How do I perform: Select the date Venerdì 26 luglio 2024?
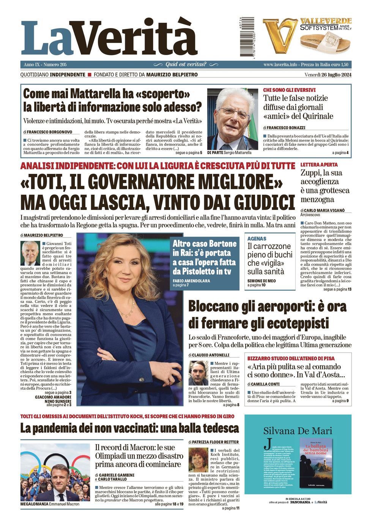[328, 75]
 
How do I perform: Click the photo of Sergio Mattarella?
[232, 119]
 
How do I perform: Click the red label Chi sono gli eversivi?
[289, 90]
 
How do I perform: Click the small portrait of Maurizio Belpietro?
[30, 253]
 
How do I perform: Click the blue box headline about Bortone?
[204, 257]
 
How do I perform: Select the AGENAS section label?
[257, 239]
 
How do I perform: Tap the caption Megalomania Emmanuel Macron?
[50, 504]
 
